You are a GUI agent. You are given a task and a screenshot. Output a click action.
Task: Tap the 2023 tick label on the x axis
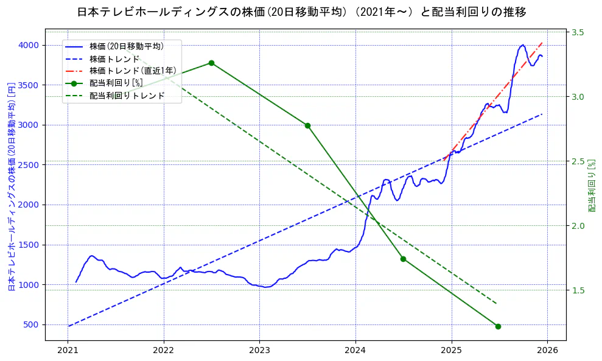[x=259, y=350]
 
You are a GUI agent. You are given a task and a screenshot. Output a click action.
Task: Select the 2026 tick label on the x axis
[x=547, y=350]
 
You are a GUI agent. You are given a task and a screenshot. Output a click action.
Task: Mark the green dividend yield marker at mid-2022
[x=211, y=63]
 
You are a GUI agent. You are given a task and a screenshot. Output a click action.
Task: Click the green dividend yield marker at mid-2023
[x=307, y=125]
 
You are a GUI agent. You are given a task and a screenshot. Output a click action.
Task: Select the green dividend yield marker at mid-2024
[x=403, y=259]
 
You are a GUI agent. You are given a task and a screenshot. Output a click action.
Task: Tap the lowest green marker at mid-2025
[x=498, y=326]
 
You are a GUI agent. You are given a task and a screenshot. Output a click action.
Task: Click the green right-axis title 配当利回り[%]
[x=592, y=182]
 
